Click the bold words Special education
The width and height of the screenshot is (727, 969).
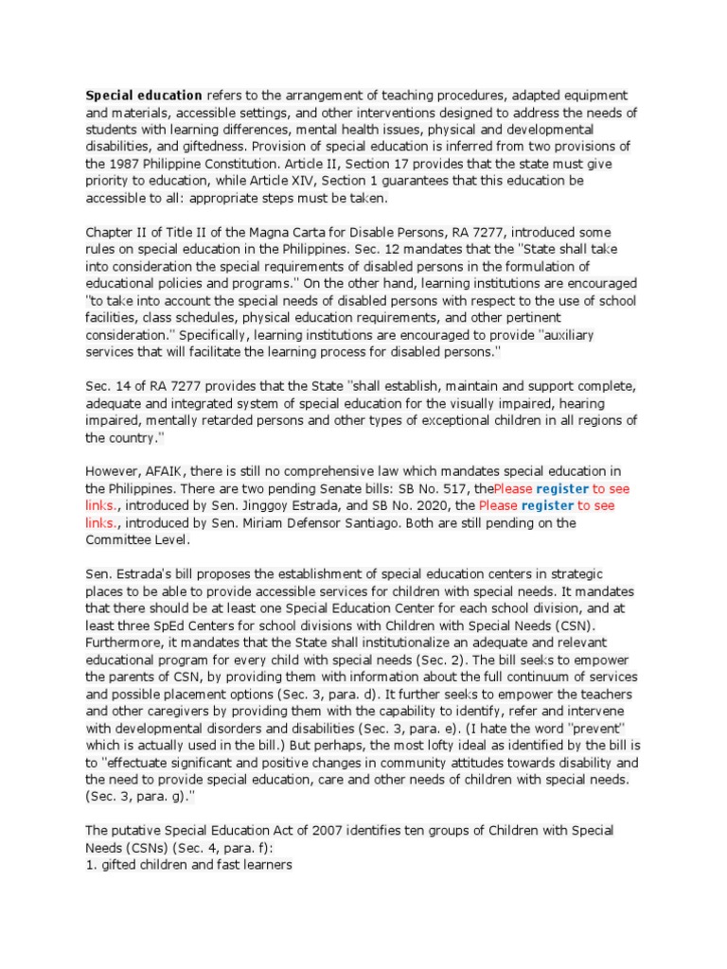(144, 96)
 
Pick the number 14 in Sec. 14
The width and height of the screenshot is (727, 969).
(123, 386)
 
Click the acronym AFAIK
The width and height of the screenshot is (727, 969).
(161, 471)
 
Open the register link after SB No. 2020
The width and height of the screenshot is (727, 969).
(548, 506)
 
